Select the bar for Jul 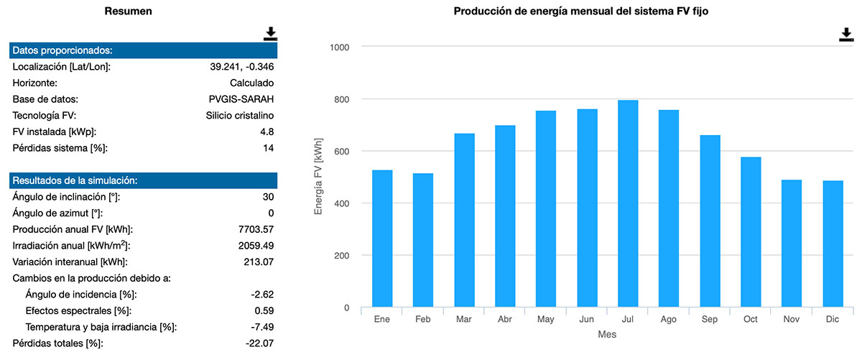pos(628,204)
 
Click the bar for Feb pos(423,240)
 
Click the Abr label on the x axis pos(505,319)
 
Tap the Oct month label pos(751,319)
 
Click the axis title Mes pos(607,335)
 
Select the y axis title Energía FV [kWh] pos(319,177)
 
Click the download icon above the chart pos(846,35)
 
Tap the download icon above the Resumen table pos(270,34)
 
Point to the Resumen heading pos(128,11)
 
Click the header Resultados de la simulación pos(75,180)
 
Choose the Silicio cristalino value pos(235,116)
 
